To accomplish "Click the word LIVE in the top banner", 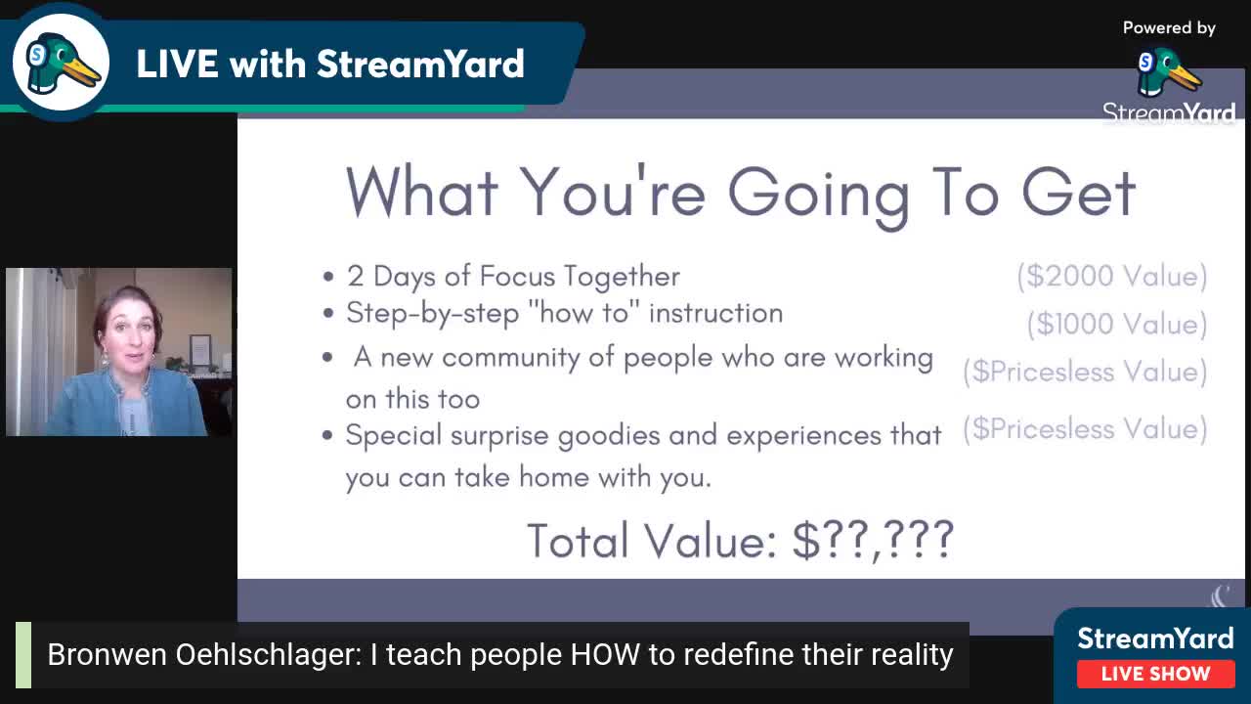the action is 177,64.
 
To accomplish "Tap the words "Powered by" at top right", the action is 1169,28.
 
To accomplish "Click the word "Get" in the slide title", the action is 1079,193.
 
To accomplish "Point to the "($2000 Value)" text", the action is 1112,276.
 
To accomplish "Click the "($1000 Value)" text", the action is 1117,324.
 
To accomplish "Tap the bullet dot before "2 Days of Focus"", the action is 328,277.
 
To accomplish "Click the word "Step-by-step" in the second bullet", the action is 433,314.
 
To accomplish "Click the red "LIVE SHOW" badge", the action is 1155,674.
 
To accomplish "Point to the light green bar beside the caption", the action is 23,655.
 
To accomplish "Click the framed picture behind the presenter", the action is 200,350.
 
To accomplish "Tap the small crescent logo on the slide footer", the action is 1222,595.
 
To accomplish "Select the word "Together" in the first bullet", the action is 622,276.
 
